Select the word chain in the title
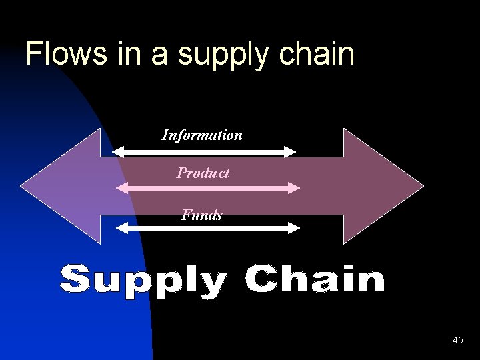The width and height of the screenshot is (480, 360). [x=319, y=54]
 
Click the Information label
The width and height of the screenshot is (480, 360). [x=202, y=135]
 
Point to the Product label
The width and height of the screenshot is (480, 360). [x=203, y=173]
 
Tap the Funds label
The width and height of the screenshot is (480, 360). [x=202, y=215]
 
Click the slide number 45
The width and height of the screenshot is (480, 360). [x=457, y=341]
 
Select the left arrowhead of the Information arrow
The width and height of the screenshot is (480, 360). [x=117, y=152]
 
